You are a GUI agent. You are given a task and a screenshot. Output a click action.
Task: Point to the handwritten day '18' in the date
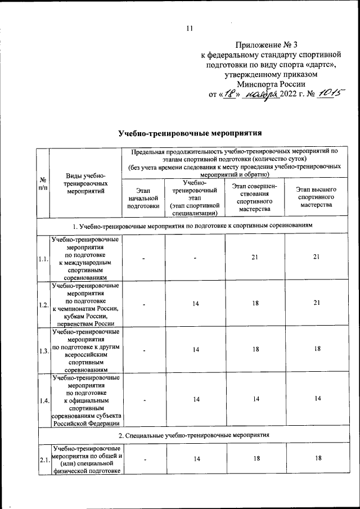(228, 93)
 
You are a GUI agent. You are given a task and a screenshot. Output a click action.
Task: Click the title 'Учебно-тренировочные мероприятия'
(191, 134)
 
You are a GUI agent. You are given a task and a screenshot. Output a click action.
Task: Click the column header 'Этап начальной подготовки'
(143, 199)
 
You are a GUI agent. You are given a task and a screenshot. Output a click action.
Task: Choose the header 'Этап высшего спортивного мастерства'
(316, 198)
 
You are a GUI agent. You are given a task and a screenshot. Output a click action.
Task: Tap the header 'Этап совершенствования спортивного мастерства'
(255, 198)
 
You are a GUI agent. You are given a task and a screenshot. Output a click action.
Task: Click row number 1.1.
(43, 259)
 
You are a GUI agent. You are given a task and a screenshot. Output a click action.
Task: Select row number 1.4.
(43, 400)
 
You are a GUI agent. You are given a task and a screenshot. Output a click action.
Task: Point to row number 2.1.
(43, 460)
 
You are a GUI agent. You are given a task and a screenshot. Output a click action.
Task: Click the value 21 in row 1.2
(317, 303)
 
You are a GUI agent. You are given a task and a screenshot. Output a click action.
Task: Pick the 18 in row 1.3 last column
(317, 350)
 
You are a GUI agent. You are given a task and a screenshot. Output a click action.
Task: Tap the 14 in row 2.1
(196, 460)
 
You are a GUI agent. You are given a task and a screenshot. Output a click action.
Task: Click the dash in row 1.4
(143, 401)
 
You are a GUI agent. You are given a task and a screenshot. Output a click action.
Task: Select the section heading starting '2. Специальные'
(191, 435)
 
